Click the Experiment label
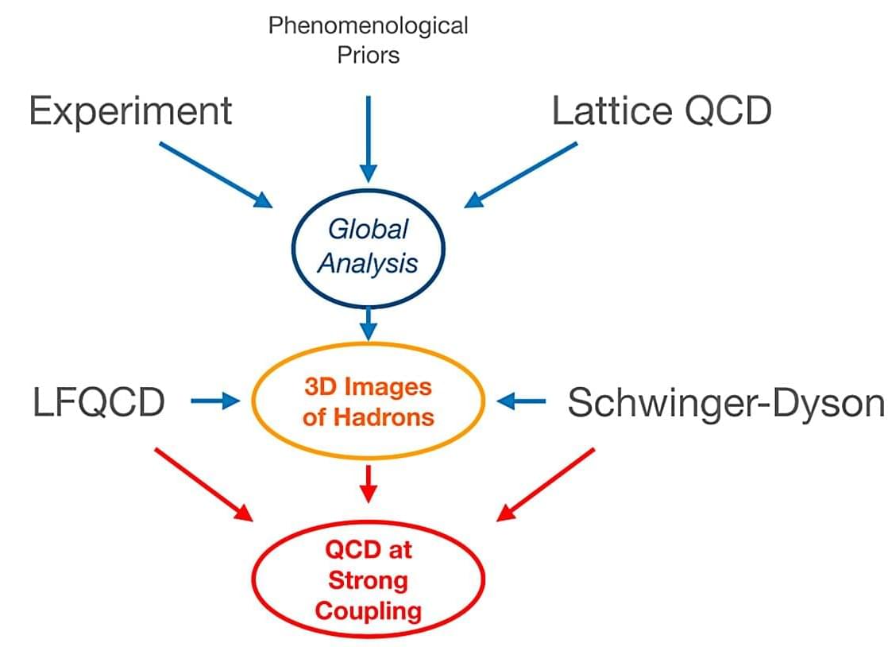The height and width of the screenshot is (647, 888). pos(130,111)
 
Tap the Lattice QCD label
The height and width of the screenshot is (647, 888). pos(661,111)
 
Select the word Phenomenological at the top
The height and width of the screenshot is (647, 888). pos(368,25)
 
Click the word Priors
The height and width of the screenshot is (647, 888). pos(368,55)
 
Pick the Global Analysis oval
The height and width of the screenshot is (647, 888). pos(368,246)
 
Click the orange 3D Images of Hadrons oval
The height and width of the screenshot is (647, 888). pos(368,401)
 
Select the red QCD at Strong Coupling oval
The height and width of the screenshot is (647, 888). pos(368,579)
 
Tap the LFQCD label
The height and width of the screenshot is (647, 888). pos(98,403)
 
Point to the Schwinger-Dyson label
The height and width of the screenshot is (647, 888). pos(725,404)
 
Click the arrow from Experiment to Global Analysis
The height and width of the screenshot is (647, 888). pos(214,174)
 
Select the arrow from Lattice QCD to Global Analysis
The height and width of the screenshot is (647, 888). pos(521,174)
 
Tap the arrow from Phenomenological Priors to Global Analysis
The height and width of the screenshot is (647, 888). pos(367,139)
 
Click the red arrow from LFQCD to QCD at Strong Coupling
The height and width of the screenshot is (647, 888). pos(203,484)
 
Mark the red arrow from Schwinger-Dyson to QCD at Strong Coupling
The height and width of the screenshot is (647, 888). pos(546,484)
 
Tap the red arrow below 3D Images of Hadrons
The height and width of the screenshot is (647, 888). pos(367,483)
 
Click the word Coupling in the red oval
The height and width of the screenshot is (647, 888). pos(368,610)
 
